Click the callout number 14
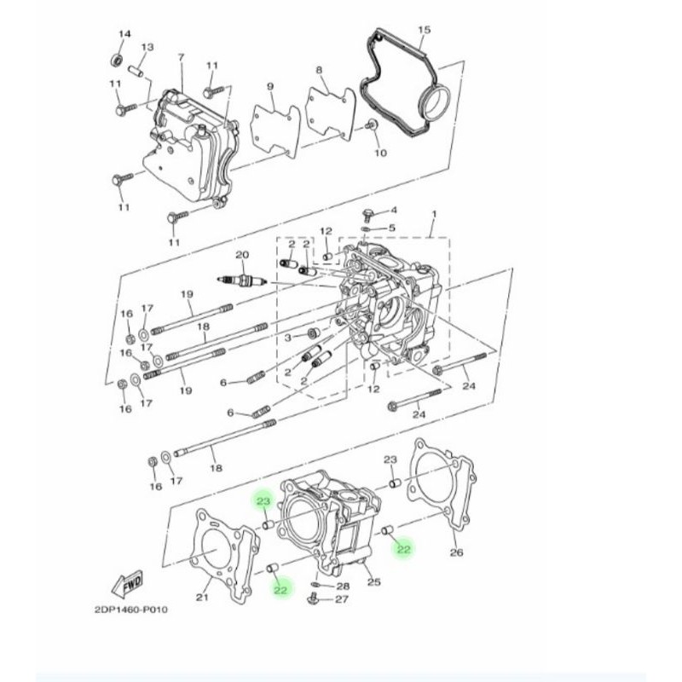tap(124, 34)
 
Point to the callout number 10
tap(380, 153)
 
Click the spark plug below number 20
tap(244, 280)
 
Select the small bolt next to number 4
tap(367, 212)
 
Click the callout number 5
tap(392, 228)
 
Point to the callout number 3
tap(287, 338)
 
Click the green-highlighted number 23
tap(263, 502)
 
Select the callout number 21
tap(202, 598)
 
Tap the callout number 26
tap(456, 553)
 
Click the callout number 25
tap(372, 582)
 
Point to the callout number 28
tap(343, 587)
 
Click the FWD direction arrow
tap(127, 586)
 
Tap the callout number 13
tap(147, 47)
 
